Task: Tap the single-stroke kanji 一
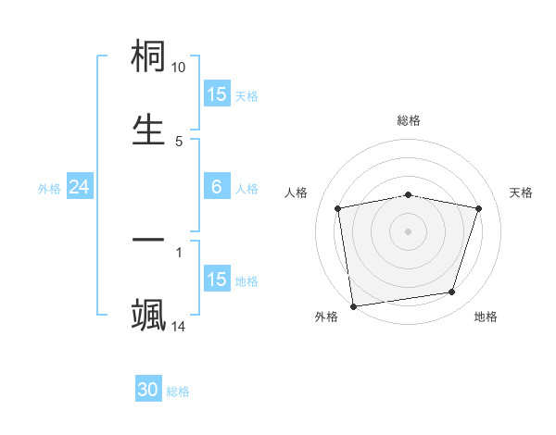(x=149, y=240)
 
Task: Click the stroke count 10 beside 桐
(x=179, y=68)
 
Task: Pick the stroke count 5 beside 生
(x=179, y=141)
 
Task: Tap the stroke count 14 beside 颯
(x=179, y=326)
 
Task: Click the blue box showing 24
(x=79, y=187)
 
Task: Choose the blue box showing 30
(x=148, y=390)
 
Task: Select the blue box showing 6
(x=217, y=187)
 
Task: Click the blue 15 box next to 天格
(x=217, y=94)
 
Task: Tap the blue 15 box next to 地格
(x=217, y=280)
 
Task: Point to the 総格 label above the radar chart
(x=409, y=120)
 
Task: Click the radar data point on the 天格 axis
(x=479, y=209)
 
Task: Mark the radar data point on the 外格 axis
(x=353, y=305)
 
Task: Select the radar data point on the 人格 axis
(x=338, y=209)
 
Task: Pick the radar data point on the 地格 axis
(x=452, y=292)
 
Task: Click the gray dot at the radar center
(x=409, y=230)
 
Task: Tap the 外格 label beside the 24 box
(x=49, y=188)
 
